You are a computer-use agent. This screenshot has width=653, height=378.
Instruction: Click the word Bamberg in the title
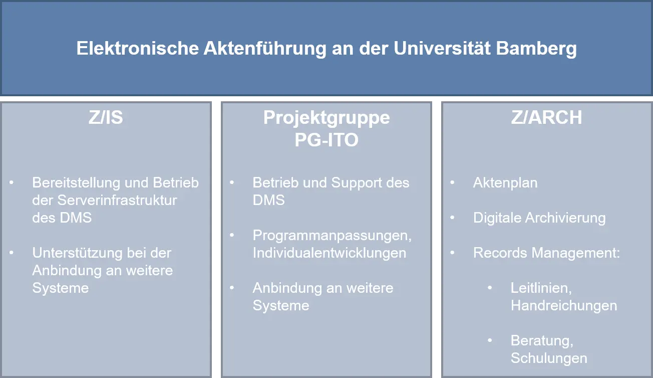pyautogui.click(x=536, y=49)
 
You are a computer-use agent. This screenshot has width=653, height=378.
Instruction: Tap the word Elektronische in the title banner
pyautogui.click(x=138, y=48)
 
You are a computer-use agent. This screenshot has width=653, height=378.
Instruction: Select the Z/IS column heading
pyautogui.click(x=106, y=117)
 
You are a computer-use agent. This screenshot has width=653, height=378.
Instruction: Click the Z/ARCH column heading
pyautogui.click(x=546, y=117)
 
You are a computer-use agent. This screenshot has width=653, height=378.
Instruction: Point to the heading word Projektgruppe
pyautogui.click(x=327, y=118)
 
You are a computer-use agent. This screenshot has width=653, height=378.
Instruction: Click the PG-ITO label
pyautogui.click(x=327, y=140)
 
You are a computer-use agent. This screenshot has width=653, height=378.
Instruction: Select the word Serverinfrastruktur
pyautogui.click(x=117, y=200)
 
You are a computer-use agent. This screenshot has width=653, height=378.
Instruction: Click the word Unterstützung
pyautogui.click(x=77, y=253)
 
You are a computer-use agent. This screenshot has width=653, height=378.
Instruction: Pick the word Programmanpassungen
pyautogui.click(x=332, y=236)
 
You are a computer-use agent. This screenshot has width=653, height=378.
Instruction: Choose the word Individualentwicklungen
pyautogui.click(x=330, y=253)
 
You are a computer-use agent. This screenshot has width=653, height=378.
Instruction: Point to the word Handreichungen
pyautogui.click(x=564, y=306)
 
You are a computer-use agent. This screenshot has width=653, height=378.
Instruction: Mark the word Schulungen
pyautogui.click(x=549, y=358)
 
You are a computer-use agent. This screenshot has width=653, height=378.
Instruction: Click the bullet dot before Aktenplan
pyautogui.click(x=452, y=182)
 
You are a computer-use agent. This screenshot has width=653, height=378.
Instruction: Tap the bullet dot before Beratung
pyautogui.click(x=490, y=340)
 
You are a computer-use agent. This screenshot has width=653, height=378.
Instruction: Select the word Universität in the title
pyautogui.click(x=442, y=48)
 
